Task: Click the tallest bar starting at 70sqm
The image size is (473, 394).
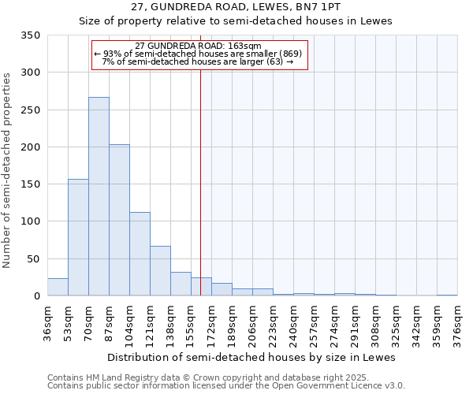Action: point(99,197)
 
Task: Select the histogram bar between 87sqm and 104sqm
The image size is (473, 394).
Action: point(119,221)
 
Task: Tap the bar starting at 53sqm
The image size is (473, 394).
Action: point(78,237)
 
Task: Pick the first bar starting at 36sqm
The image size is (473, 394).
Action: point(58,288)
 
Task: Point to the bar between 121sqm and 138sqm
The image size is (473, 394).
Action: point(160,271)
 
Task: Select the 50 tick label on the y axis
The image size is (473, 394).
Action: point(33,258)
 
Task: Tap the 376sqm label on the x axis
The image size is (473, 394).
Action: point(458,323)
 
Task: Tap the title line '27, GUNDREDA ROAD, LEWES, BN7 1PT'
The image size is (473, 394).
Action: point(236,7)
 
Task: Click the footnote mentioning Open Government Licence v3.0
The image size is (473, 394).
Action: point(226,386)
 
